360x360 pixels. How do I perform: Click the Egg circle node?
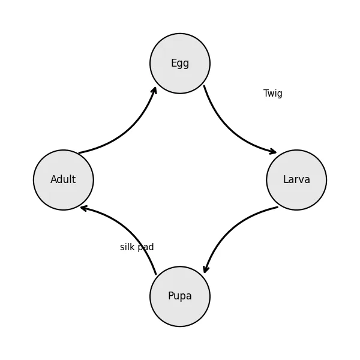pos(180,64)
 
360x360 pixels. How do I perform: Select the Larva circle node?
pos(296,180)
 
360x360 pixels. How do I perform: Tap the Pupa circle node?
pos(180,296)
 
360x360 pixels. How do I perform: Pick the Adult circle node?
pos(64,180)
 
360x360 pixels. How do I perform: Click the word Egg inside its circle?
pos(180,64)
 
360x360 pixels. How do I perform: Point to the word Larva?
pos(296,179)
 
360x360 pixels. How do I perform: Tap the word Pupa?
pos(180,296)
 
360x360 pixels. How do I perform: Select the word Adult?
pos(63,179)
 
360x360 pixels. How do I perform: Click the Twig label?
pos(273,94)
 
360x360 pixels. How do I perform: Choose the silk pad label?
pos(137,247)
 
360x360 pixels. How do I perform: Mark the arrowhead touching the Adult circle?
pos(83,208)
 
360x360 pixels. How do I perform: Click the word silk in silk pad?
pos(127,247)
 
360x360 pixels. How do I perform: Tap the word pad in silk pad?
pos(145,247)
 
